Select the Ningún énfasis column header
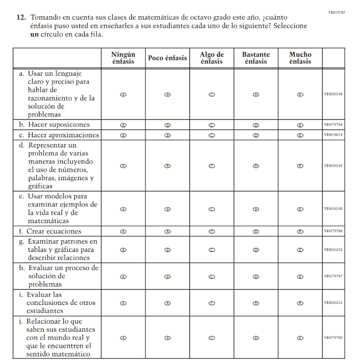pos(123,58)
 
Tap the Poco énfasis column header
pos(167,58)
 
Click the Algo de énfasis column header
pos(212,58)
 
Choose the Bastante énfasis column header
pos(255,58)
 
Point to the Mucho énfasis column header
pos(300,58)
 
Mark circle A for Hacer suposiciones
pos(123,125)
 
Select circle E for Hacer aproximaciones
pos(300,135)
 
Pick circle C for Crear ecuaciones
pos(212,232)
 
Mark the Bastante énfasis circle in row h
pos(255,277)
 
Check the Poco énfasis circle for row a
pos(167,94)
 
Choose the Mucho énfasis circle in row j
pos(300,338)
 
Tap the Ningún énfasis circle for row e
pos(123,209)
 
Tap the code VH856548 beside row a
pos(333,94)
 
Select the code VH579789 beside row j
pos(333,338)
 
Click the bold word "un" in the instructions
pos(34,34)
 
